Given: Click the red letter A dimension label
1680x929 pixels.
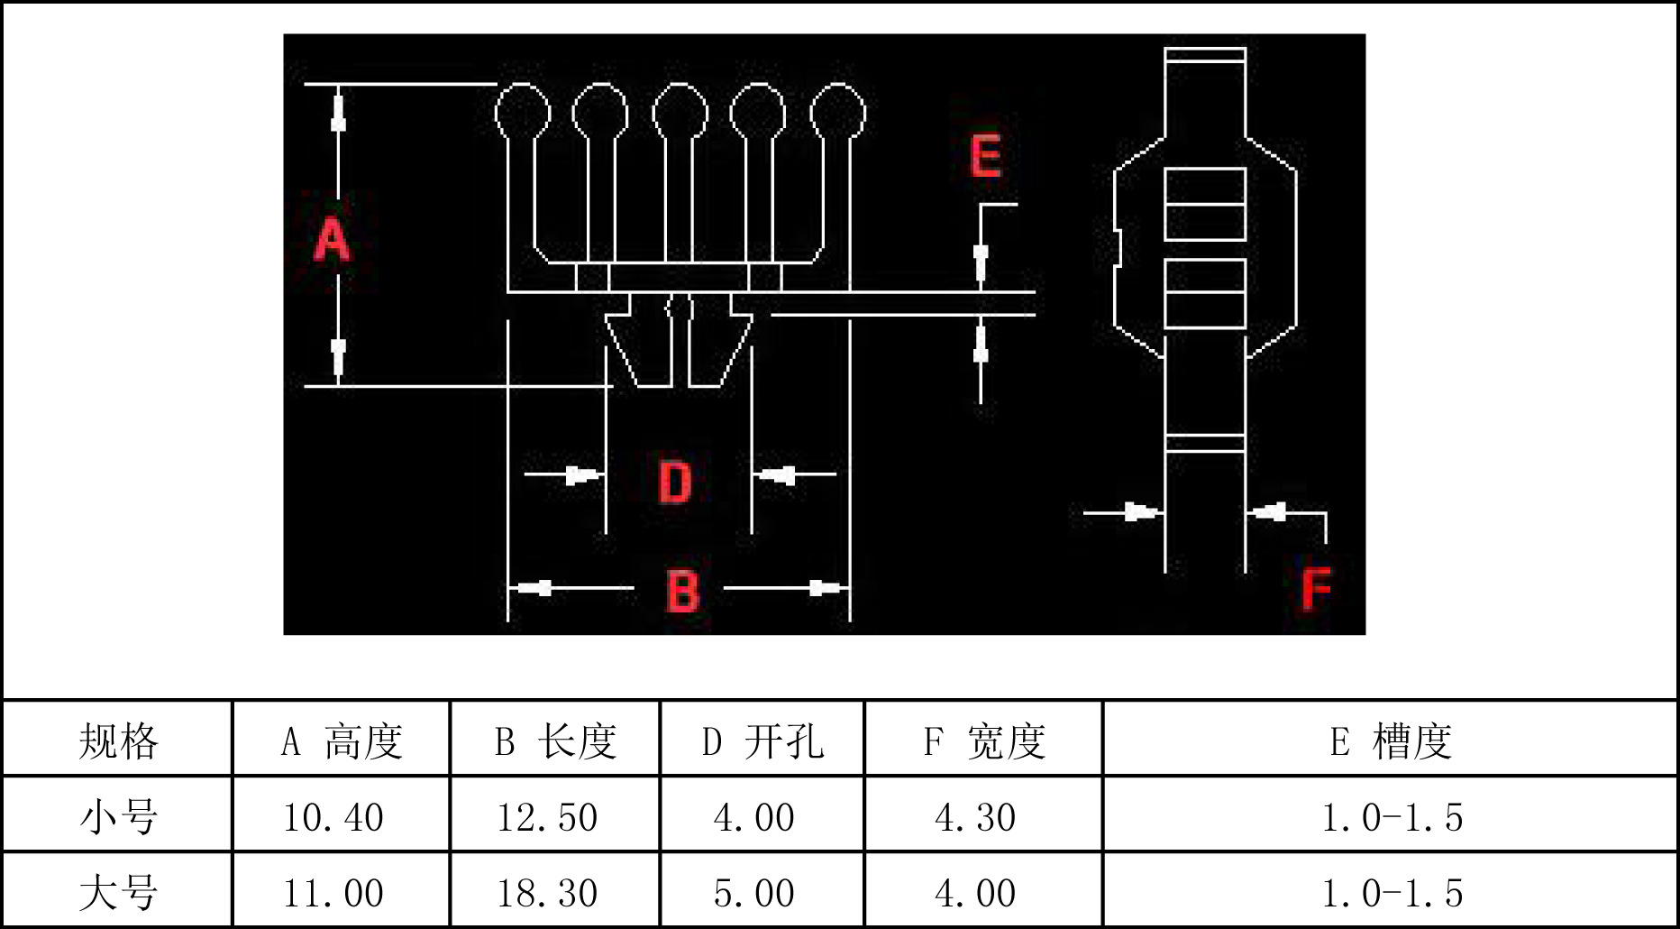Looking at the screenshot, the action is [x=332, y=239].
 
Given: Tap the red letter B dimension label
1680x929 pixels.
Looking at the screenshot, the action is [x=682, y=591].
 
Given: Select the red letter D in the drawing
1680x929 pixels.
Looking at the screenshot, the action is [x=675, y=482].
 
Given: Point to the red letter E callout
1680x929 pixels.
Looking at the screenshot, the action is [x=986, y=156].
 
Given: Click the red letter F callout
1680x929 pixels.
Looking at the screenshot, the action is [x=1316, y=589].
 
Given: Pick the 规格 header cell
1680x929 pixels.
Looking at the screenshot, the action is [x=118, y=741].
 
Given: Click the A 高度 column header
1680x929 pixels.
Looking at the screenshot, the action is [x=342, y=741].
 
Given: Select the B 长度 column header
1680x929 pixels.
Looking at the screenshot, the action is [x=555, y=741].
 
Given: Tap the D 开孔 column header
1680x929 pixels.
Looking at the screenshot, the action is [x=762, y=741].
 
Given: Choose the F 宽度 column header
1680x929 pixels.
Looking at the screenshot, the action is [x=984, y=741].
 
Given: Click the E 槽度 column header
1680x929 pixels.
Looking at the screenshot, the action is [x=1391, y=741].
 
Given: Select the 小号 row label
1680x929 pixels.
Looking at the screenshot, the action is [x=118, y=817].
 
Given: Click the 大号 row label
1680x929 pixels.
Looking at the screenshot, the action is [x=118, y=893].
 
